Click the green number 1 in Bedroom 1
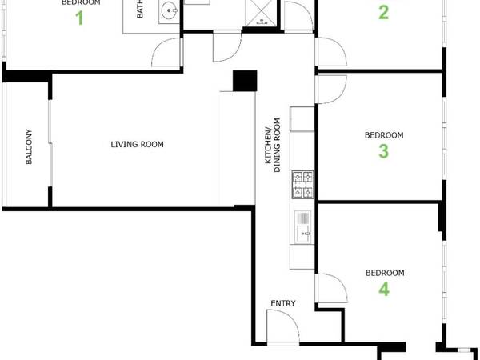tap(79, 17)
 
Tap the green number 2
tap(383, 12)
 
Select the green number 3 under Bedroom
tap(383, 150)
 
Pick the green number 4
tap(384, 288)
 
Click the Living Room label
tap(137, 145)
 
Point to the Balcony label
tap(29, 146)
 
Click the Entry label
tap(283, 303)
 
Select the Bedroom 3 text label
tap(384, 135)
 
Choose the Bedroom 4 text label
tap(385, 273)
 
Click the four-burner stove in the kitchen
tap(302, 184)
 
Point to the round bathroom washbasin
tap(169, 11)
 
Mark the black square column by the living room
tap(245, 81)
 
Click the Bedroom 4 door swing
tap(332, 289)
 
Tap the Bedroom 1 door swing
tap(167, 54)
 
